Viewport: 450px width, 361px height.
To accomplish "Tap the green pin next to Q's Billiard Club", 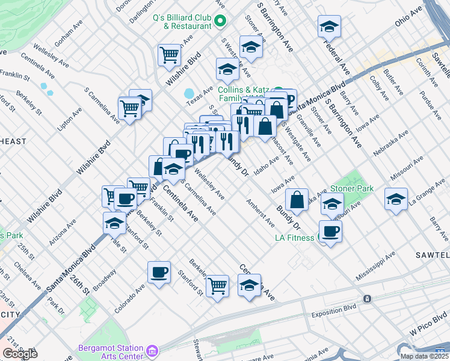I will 220,21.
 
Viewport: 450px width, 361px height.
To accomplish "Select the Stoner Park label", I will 352,189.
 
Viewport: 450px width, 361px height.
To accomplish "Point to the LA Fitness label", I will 294,238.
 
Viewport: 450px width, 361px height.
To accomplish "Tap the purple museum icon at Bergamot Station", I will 152,350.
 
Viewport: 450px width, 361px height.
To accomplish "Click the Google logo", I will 20,353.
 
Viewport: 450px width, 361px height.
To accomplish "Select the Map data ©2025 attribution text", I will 424,356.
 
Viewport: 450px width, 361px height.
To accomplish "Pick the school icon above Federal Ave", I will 329,26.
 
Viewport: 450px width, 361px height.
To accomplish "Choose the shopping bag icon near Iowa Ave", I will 297,199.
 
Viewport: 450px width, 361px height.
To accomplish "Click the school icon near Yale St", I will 114,223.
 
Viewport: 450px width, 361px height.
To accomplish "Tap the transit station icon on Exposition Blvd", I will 366,298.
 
